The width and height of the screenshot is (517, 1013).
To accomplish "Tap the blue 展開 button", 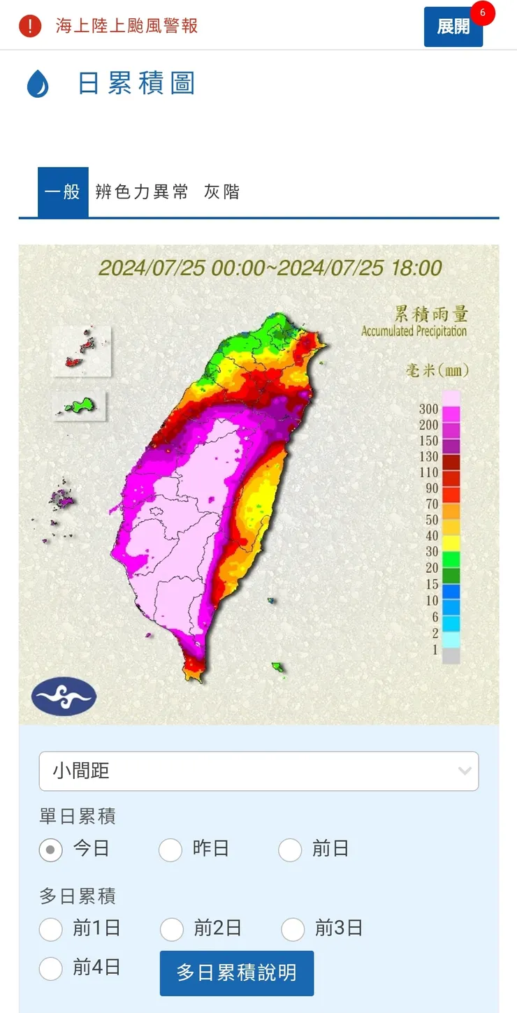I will (x=453, y=27).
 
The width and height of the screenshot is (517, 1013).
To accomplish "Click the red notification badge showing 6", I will (x=482, y=13).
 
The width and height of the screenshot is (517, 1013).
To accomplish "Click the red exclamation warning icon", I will (x=30, y=27).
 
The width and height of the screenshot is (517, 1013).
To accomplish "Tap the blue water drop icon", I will (x=38, y=84).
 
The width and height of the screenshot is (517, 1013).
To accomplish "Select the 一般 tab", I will (x=63, y=192).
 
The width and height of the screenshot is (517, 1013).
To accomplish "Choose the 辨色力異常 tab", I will (x=142, y=192).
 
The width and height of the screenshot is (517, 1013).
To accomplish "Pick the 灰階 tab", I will (x=221, y=192).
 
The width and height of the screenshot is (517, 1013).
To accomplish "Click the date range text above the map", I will (x=270, y=268).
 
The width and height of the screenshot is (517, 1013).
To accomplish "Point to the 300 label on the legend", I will (x=429, y=409).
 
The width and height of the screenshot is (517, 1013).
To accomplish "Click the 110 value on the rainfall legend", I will (x=429, y=472).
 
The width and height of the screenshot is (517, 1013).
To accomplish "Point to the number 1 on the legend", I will (x=435, y=650).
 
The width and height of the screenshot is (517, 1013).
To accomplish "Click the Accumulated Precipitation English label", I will (x=414, y=331).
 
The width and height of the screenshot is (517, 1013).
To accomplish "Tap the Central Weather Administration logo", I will (x=64, y=697).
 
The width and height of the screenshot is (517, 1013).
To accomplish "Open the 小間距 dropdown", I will (x=258, y=771).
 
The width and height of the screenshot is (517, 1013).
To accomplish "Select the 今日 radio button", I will (x=51, y=850).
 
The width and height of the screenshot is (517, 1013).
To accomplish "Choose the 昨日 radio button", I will (x=170, y=850).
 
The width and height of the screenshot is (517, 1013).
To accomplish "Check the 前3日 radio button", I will (x=293, y=929).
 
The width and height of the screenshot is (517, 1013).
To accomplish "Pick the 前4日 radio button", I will (x=51, y=968).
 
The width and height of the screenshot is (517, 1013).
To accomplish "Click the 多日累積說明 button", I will (x=236, y=972).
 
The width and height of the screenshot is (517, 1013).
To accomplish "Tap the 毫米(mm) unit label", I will (x=437, y=370).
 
